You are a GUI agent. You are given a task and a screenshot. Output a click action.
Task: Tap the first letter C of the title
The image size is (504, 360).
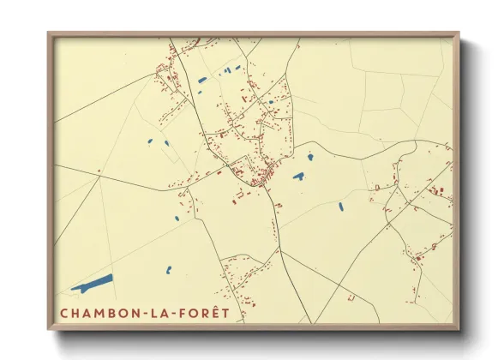(x=64, y=313)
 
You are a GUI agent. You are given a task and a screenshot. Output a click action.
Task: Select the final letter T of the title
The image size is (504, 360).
(x=225, y=313)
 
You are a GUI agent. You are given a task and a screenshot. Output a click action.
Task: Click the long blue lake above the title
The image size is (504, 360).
(x=93, y=282)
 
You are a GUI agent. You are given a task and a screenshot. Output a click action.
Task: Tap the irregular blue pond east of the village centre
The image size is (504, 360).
(x=298, y=177)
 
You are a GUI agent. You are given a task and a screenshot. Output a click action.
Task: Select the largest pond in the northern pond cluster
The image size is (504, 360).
(x=202, y=80)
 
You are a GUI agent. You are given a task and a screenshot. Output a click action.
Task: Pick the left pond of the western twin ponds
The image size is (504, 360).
(x=150, y=141)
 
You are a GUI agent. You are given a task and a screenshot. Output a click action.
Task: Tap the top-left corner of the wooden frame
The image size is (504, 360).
(x=49, y=34)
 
